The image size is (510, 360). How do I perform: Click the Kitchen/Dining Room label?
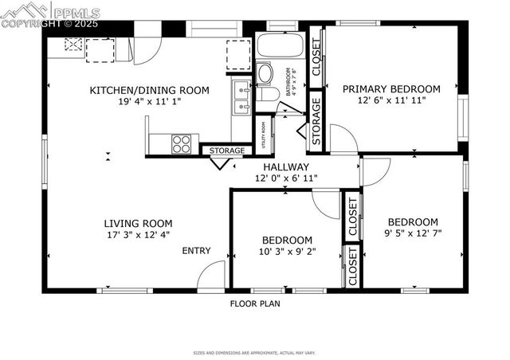click(149, 90)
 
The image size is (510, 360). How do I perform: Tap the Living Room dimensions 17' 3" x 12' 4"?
click(138, 235)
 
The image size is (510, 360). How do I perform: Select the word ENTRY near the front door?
click(196, 251)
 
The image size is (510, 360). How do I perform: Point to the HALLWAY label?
click(287, 166)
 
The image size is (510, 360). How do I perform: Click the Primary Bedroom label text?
click(391, 89)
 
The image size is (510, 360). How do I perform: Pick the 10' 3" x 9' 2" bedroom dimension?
click(287, 252)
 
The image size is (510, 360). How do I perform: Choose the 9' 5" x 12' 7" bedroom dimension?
click(413, 233)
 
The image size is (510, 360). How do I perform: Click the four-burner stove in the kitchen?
click(182, 144)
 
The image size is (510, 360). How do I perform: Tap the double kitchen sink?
click(242, 96)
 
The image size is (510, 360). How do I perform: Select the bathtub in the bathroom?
click(280, 45)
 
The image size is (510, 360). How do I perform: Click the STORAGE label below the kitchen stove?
click(227, 151)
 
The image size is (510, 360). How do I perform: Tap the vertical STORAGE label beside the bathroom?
click(316, 121)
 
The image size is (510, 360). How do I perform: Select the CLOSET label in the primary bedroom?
click(316, 57)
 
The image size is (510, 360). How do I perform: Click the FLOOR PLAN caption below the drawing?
click(255, 303)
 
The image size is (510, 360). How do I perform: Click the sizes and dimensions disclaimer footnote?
click(255, 351)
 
